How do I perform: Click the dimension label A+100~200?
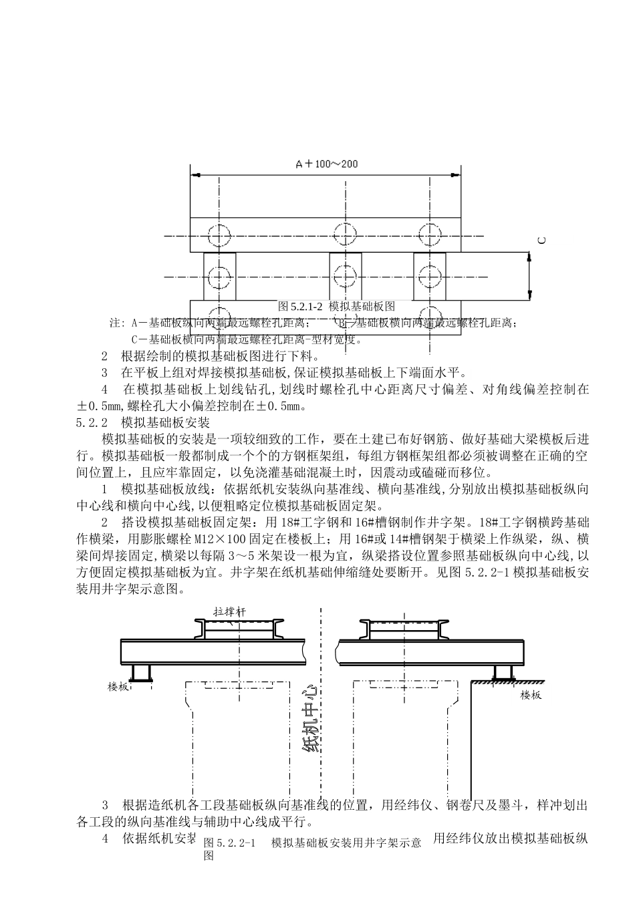[326, 164]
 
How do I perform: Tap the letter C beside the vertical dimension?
[541, 239]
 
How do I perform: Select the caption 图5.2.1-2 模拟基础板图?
[336, 306]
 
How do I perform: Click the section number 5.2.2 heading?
[93, 423]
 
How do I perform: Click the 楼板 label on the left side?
[118, 686]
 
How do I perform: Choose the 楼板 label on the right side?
[531, 695]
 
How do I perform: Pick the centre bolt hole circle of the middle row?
[345, 275]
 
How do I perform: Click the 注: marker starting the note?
[116, 323]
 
